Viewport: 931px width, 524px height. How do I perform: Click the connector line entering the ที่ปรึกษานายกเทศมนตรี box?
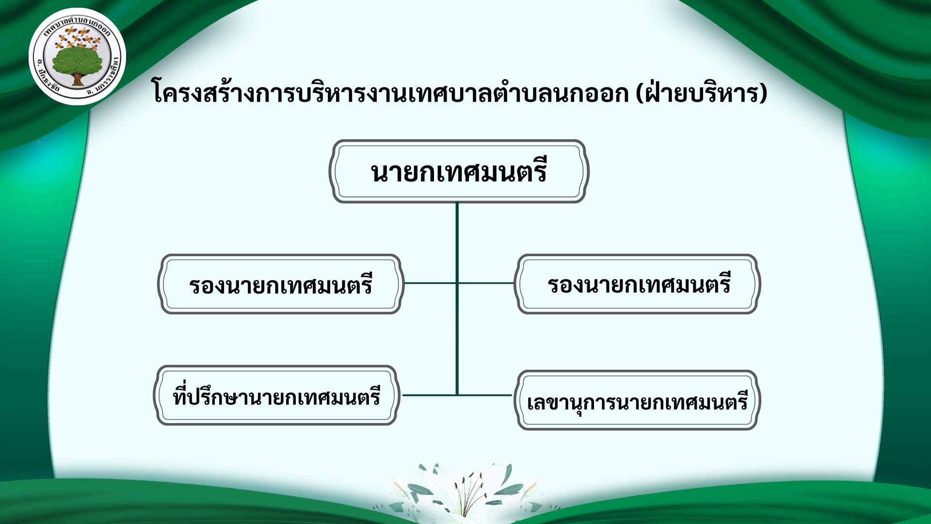[x=430, y=395]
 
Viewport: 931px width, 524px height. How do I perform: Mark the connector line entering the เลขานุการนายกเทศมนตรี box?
[x=485, y=395]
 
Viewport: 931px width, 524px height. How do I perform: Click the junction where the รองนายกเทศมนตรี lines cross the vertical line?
[x=457, y=283]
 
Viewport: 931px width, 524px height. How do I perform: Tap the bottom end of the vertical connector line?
[x=457, y=395]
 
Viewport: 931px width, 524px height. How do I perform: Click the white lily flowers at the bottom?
[x=465, y=492]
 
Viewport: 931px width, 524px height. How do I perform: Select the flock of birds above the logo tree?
[x=78, y=37]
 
